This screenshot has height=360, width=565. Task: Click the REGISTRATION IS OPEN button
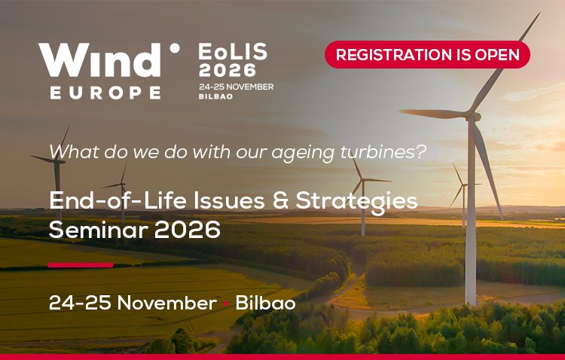[427, 54]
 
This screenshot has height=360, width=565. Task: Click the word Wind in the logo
[99, 59]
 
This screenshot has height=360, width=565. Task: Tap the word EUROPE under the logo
[105, 93]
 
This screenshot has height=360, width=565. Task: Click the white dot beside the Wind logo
[175, 48]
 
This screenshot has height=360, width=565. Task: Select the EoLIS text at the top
[233, 51]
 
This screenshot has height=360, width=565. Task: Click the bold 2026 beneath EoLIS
[228, 70]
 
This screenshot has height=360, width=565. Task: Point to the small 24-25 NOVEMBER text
[237, 87]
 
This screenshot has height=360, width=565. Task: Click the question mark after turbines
[421, 151]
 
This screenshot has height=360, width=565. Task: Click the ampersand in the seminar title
[281, 200]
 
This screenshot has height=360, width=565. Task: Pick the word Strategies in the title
[357, 202]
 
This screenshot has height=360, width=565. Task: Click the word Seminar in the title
[99, 230]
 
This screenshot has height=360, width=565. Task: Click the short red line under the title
[81, 265]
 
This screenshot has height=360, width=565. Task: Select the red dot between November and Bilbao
[226, 304]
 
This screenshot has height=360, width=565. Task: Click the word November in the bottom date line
[166, 303]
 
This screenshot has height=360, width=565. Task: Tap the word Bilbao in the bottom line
[266, 303]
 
